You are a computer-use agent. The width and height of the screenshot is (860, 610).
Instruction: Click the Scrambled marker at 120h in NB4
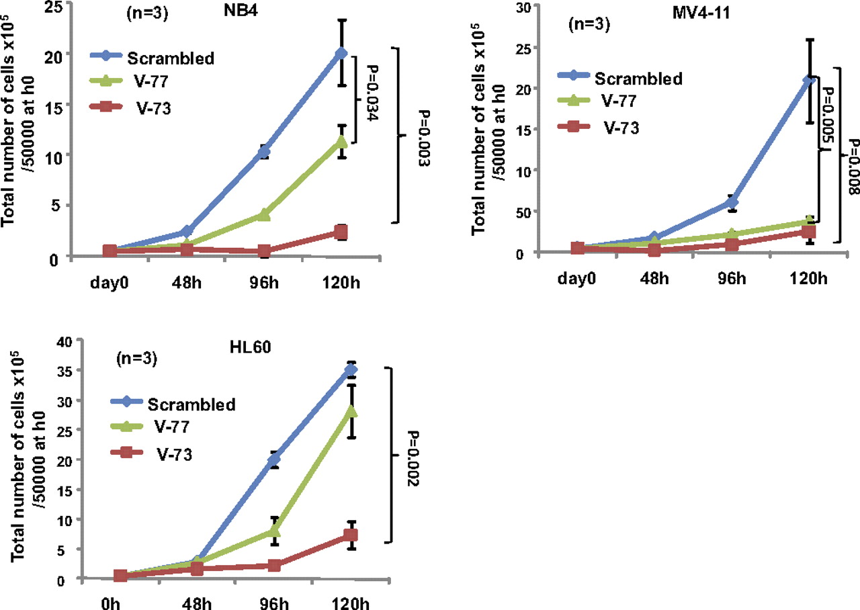341,53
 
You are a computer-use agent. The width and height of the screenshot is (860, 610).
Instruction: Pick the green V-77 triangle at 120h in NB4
341,142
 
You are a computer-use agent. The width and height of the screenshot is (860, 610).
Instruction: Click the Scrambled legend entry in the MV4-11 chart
638,78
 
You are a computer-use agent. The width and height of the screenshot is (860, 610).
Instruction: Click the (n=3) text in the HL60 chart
138,358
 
